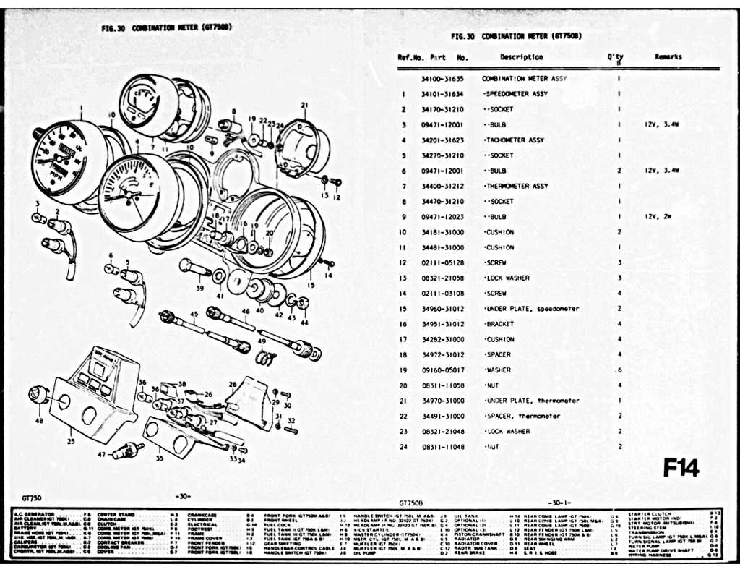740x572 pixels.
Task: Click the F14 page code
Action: (681, 468)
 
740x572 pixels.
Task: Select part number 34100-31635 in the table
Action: (442, 78)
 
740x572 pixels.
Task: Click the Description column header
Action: (521, 57)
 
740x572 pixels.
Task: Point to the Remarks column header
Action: (668, 57)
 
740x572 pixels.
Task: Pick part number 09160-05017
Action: (442, 370)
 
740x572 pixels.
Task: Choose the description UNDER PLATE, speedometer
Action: (532, 309)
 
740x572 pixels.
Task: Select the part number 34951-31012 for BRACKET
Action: (442, 324)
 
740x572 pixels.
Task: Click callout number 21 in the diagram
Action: (304, 106)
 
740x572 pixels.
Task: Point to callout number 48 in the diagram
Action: (38, 420)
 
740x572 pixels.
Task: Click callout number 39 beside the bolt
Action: (200, 288)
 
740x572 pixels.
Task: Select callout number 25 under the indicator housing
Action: (70, 440)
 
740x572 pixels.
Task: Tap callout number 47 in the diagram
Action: (101, 455)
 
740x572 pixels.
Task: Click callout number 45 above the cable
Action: (194, 314)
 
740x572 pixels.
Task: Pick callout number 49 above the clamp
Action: (262, 341)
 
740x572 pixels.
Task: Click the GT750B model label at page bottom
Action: (410, 501)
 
